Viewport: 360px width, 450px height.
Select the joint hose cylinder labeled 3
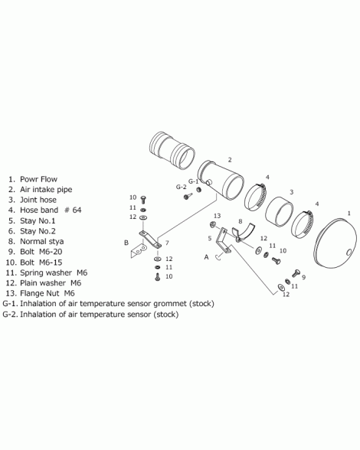[279, 211]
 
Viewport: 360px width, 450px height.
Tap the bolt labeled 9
[296, 273]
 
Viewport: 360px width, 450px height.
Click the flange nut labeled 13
[213, 224]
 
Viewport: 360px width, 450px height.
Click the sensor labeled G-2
[187, 197]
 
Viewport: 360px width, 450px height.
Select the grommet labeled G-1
[198, 190]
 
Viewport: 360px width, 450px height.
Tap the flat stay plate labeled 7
[150, 239]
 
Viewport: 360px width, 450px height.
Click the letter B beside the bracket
[126, 243]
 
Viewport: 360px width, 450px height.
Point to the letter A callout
[206, 257]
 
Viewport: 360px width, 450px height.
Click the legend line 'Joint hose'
[38, 200]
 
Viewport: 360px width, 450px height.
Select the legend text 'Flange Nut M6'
[47, 293]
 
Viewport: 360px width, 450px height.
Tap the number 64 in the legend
[77, 210]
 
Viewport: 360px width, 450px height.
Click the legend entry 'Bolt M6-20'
[41, 252]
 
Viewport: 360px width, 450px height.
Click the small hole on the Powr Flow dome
[349, 253]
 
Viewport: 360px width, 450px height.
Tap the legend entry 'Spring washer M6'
[54, 272]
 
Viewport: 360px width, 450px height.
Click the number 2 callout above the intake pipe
[230, 160]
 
